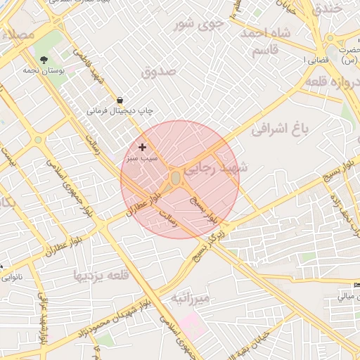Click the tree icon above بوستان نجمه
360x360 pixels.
[44, 60]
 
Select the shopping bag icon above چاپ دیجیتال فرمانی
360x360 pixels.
[120, 101]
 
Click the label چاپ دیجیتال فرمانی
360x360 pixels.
[120, 111]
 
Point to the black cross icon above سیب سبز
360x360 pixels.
[143, 147]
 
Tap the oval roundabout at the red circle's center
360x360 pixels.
[175, 179]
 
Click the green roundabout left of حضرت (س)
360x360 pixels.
[330, 39]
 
